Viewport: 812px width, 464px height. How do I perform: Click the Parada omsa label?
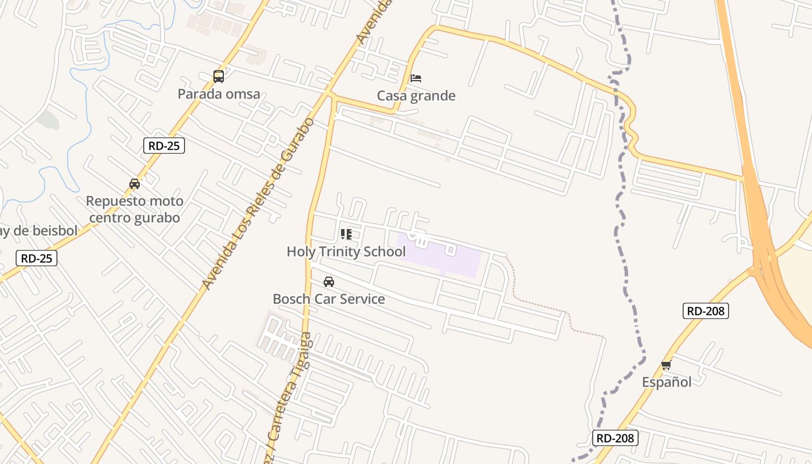tap(219, 94)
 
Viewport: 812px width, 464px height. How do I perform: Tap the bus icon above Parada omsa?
tap(219, 76)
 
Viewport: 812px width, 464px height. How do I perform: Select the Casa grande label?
tap(416, 96)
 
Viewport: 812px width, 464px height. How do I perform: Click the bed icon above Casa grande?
tap(415, 78)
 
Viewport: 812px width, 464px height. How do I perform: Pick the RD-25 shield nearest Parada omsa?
tap(164, 146)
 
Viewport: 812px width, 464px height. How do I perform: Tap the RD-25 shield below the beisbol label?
tap(37, 258)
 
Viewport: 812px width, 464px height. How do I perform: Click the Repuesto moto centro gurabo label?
tap(135, 209)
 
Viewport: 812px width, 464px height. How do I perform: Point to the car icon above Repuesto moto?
tap(135, 184)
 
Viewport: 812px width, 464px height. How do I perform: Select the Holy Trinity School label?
tap(346, 252)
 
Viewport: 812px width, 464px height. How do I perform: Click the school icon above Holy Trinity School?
tap(346, 234)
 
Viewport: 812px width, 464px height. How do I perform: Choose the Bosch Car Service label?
tap(329, 299)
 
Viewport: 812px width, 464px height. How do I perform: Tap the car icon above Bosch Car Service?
tap(329, 282)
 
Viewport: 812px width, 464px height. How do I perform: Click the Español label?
tap(666, 382)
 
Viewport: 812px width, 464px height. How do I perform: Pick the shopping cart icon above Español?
tap(666, 365)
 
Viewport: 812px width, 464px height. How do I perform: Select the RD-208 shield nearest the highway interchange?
tap(705, 311)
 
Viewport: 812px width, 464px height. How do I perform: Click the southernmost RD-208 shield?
tap(615, 438)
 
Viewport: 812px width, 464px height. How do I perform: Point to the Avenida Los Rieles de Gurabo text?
tap(259, 203)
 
